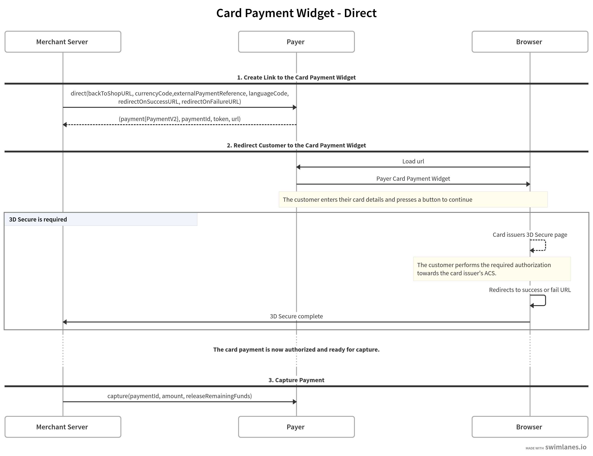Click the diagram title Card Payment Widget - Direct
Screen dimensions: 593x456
click(x=296, y=13)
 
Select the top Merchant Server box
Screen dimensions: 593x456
click(x=63, y=42)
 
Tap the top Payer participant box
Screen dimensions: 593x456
click(x=296, y=42)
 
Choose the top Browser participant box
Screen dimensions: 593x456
click(x=530, y=42)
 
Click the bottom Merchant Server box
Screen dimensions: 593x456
click(x=63, y=427)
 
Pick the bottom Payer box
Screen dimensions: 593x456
click(x=296, y=427)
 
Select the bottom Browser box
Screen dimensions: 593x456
click(x=530, y=427)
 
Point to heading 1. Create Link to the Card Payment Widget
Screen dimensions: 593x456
click(x=296, y=77)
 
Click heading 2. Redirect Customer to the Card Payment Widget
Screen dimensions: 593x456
click(x=296, y=145)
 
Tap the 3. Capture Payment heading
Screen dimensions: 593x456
click(x=296, y=380)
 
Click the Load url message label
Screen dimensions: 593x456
click(x=413, y=161)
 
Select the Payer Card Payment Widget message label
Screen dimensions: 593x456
click(x=413, y=179)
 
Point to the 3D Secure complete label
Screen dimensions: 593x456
click(x=296, y=316)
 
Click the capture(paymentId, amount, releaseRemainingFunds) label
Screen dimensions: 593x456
click(x=179, y=396)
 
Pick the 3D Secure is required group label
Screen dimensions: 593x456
click(x=38, y=219)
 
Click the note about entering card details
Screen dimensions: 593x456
click(x=413, y=200)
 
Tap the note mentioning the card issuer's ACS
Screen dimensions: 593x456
click(x=492, y=269)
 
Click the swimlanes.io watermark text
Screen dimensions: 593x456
click(x=566, y=447)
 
